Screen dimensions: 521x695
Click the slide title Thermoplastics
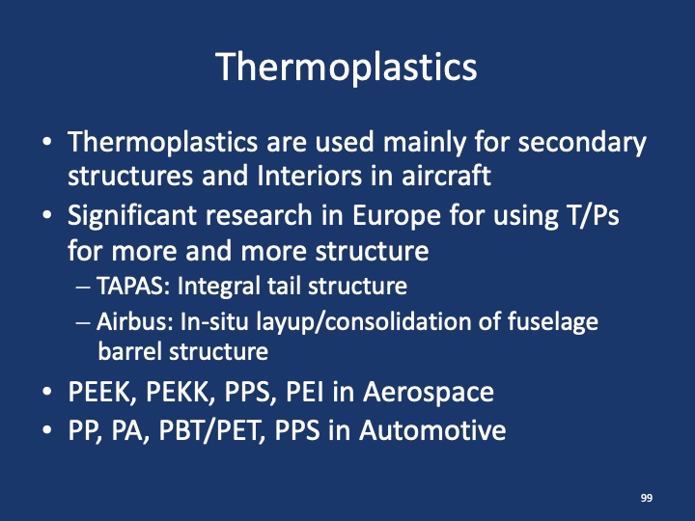(347, 68)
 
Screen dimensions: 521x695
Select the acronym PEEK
(98, 392)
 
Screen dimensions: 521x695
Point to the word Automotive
(432, 429)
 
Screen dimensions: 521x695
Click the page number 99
(646, 497)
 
